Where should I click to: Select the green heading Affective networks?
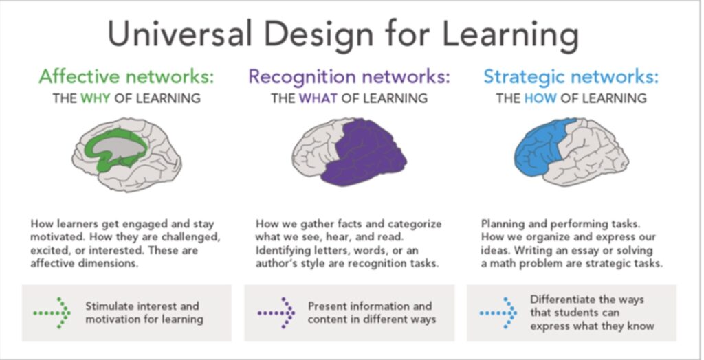pyautogui.click(x=126, y=76)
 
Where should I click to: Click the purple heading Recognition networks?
pyautogui.click(x=349, y=76)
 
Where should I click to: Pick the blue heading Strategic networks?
pyautogui.click(x=571, y=76)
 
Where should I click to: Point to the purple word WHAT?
pyautogui.click(x=318, y=98)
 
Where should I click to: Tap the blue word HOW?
pyautogui.click(x=540, y=98)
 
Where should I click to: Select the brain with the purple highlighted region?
pyautogui.click(x=349, y=155)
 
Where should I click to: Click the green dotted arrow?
pyautogui.click(x=52, y=313)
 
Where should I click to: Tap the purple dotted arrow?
pyautogui.click(x=276, y=313)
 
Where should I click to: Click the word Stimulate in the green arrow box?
pyautogui.click(x=110, y=306)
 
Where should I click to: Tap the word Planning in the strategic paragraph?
pyautogui.click(x=503, y=224)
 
